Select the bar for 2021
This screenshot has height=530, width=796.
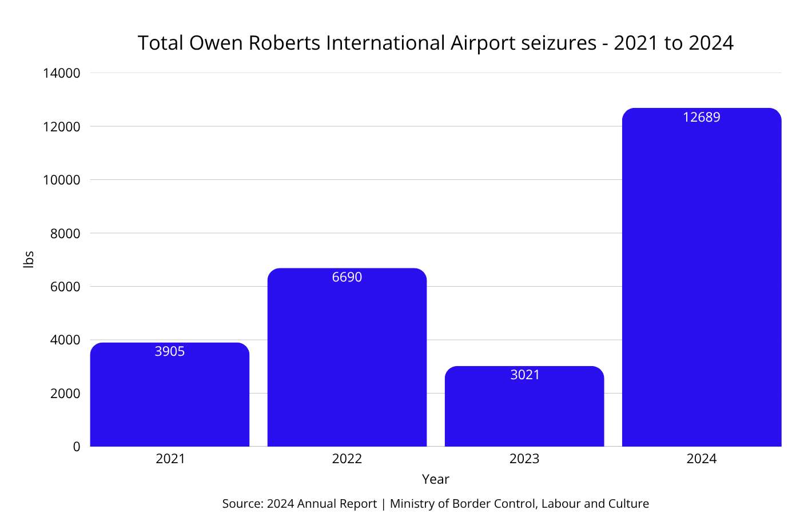coord(170,400)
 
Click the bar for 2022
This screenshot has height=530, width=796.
coord(347,366)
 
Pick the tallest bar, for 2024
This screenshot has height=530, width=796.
coord(702,286)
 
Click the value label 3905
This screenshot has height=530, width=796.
coord(170,351)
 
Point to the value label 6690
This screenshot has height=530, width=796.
coord(347,277)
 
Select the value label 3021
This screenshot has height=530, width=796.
coord(525,375)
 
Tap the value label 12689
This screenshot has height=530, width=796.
coord(702,117)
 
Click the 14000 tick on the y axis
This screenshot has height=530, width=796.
coord(62,73)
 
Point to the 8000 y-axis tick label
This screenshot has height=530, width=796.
coord(65,234)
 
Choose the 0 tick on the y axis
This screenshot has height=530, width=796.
coord(77,447)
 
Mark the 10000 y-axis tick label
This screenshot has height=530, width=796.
coord(62,180)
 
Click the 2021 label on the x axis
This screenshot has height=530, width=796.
coord(170,459)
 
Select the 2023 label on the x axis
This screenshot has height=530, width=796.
coord(524,459)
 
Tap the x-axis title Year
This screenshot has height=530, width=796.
coord(436,479)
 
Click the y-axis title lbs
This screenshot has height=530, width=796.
coord(29,259)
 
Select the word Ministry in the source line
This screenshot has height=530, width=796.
coord(412,504)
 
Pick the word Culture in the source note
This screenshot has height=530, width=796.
coord(628,504)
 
